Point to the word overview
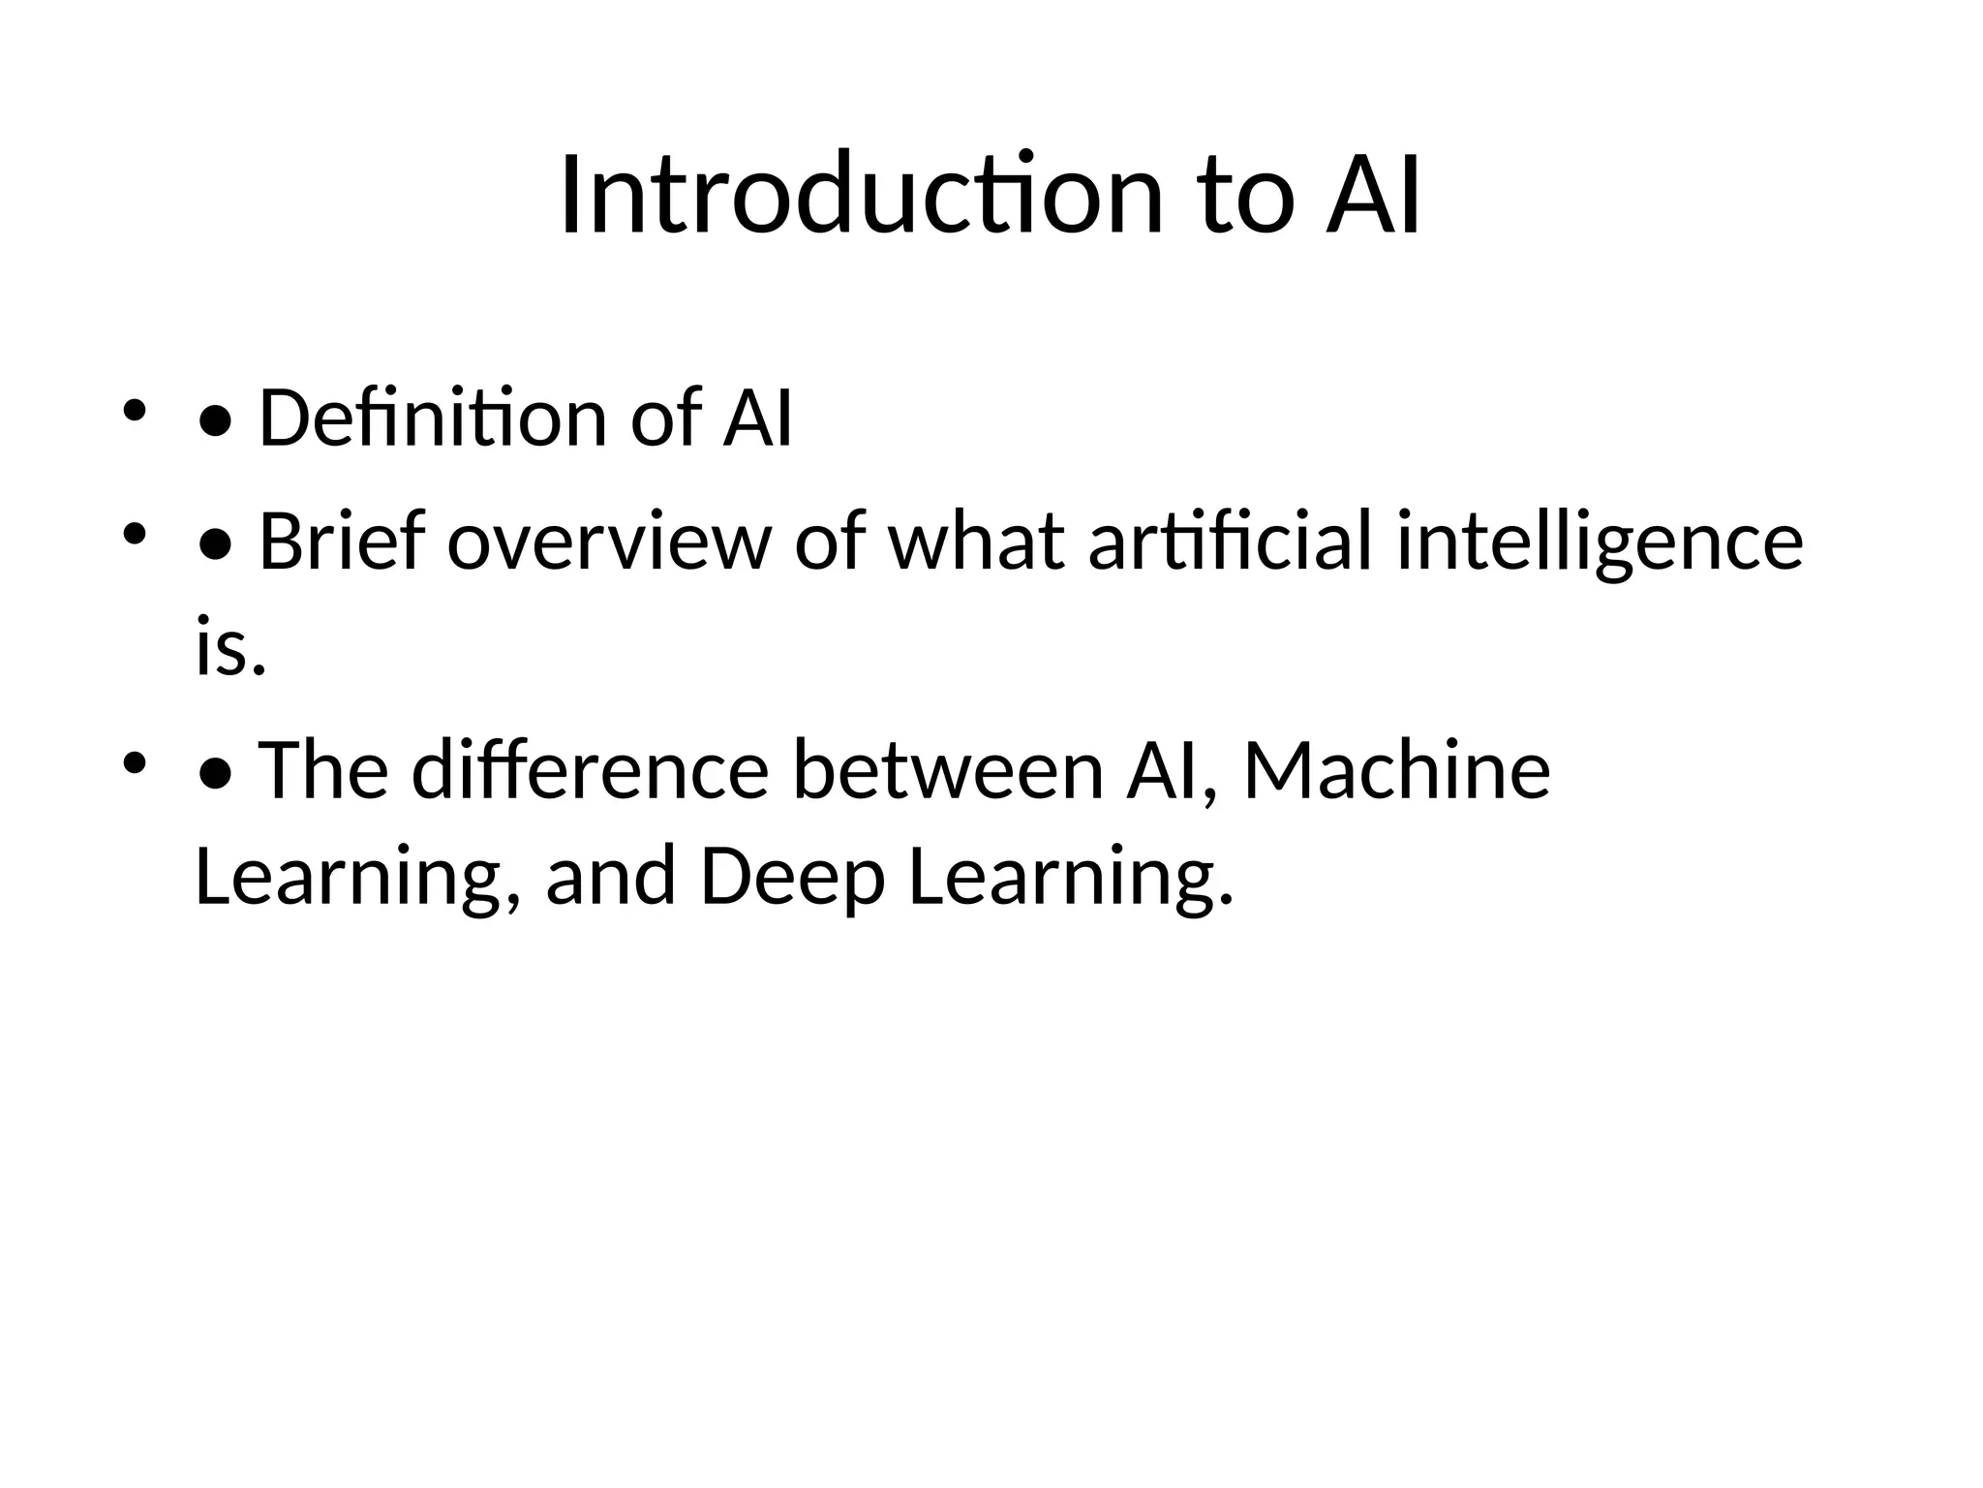click(x=609, y=542)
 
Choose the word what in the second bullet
click(x=976, y=542)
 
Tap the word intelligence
click(x=1600, y=542)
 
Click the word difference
click(x=590, y=771)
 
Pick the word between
click(x=948, y=771)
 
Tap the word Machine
click(x=1396, y=771)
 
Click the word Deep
click(x=792, y=877)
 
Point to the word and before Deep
click(x=610, y=877)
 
